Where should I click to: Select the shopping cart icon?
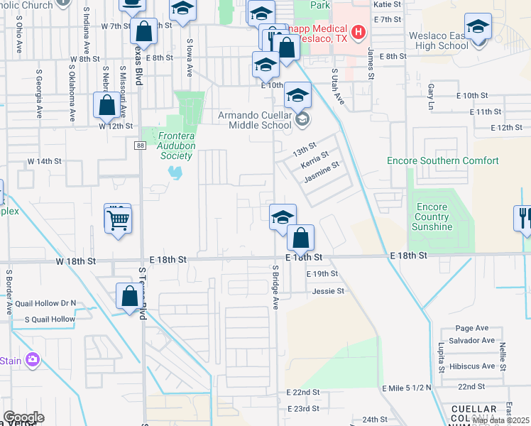coord(118,218)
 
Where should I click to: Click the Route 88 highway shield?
coord(139,145)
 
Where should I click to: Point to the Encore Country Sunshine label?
coord(432,217)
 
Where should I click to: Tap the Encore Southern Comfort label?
coord(442,161)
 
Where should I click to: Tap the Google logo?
coord(23,417)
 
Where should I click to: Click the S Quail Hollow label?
coord(50,319)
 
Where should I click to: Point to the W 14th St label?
coord(45,161)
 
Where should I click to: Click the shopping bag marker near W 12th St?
coord(106,106)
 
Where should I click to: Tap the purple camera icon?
coord(32,360)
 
